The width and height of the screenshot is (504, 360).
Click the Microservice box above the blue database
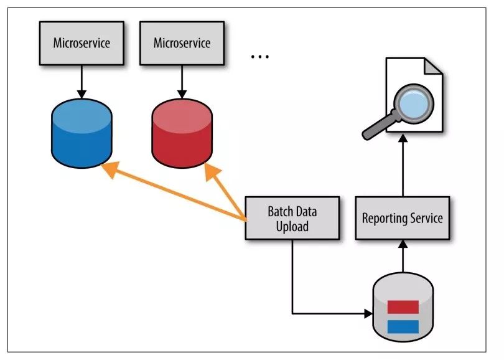click(82, 43)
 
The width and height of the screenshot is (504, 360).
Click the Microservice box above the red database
click(182, 43)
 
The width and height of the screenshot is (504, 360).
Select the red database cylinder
click(182, 134)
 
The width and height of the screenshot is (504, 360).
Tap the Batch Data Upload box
click(292, 218)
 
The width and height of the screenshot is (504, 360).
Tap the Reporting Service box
click(402, 218)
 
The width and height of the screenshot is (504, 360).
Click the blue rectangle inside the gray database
click(403, 326)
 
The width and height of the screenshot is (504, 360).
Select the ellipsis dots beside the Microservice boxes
click(259, 57)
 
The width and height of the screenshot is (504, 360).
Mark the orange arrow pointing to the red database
click(227, 193)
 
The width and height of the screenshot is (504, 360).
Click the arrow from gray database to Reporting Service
click(402, 257)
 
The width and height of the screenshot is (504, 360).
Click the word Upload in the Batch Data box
click(292, 226)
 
